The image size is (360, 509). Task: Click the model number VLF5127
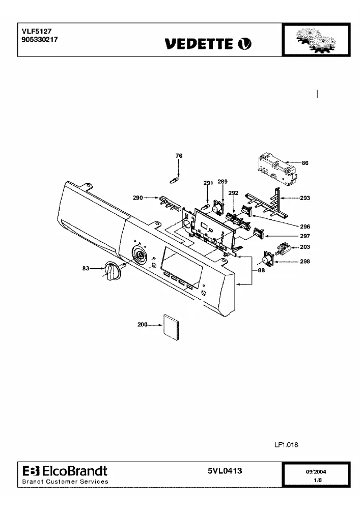click(x=37, y=32)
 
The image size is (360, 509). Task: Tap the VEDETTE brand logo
click(x=208, y=44)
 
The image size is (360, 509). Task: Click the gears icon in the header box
click(x=316, y=40)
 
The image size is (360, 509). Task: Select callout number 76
click(x=179, y=156)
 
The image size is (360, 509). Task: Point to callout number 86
click(x=305, y=163)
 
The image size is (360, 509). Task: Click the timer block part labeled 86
click(x=278, y=170)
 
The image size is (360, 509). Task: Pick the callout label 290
click(x=138, y=197)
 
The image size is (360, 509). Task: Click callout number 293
click(x=305, y=198)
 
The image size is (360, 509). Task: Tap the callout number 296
click(x=305, y=227)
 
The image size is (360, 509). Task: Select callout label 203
click(x=305, y=247)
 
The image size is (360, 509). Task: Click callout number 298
click(x=305, y=261)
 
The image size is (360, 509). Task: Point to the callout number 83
click(x=86, y=268)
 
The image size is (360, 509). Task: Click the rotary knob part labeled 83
click(x=112, y=271)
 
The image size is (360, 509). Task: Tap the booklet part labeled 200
click(x=171, y=327)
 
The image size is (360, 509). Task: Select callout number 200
click(x=143, y=325)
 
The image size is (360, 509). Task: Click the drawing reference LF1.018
click(x=286, y=445)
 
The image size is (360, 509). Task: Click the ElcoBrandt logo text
click(x=65, y=471)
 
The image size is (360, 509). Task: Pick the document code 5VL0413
click(x=225, y=471)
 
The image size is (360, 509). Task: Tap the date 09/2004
click(x=316, y=472)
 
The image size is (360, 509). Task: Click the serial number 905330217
click(x=40, y=40)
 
